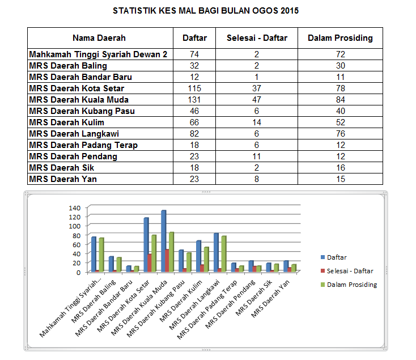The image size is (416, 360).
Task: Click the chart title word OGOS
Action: pos(265,11)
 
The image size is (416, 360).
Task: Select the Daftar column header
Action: pos(194,38)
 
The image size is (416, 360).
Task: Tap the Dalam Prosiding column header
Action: pos(340,38)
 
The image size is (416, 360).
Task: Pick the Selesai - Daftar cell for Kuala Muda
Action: pos(257,100)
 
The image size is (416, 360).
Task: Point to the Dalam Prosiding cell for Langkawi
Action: pos(340,134)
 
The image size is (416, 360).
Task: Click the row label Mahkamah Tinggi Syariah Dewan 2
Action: pos(98,54)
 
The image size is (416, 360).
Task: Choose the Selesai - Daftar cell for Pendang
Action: pos(257,156)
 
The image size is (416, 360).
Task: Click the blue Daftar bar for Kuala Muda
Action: pos(163,241)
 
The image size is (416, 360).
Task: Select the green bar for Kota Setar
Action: pos(154,253)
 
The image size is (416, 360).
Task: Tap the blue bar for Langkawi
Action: pos(216,252)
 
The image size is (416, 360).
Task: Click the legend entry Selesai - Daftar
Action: pos(349,271)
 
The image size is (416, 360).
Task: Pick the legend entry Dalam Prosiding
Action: pos(351,285)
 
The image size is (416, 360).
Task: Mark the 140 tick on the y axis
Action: pos(75,207)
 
